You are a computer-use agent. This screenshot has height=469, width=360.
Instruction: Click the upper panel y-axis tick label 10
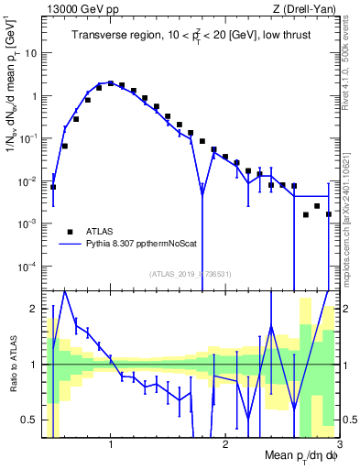pos(31,52)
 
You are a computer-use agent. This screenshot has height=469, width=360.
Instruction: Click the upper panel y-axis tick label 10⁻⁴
pos(27,267)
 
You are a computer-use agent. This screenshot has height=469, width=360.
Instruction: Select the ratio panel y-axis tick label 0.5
pos(29,420)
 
